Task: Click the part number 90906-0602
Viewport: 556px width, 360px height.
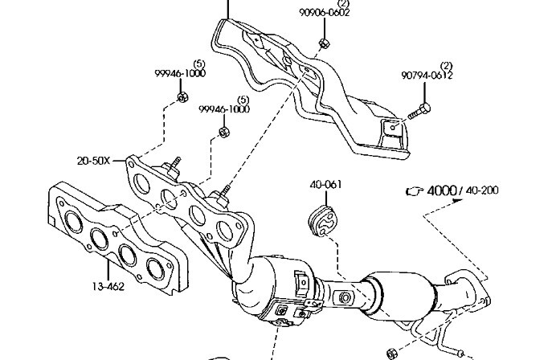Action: click(324, 13)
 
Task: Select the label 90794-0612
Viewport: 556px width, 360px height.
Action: click(427, 76)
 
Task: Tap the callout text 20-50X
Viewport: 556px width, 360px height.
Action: click(94, 161)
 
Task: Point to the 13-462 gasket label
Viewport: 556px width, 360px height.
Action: click(108, 286)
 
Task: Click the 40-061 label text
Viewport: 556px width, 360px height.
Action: click(326, 185)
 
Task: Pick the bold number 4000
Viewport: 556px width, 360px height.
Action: click(442, 190)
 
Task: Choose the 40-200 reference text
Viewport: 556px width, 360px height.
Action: click(482, 190)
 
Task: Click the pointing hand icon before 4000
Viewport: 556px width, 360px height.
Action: click(415, 191)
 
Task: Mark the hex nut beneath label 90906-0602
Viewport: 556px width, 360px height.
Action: click(324, 43)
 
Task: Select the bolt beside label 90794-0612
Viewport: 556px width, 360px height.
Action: click(419, 111)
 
